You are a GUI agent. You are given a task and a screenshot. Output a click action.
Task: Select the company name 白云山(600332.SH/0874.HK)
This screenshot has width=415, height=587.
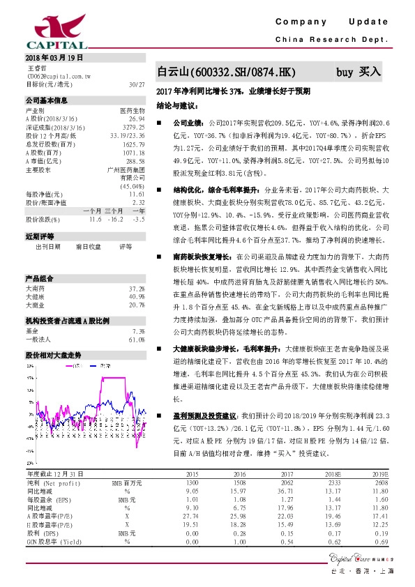[x=227, y=72]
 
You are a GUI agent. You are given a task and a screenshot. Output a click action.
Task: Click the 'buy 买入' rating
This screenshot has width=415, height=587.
[x=360, y=71]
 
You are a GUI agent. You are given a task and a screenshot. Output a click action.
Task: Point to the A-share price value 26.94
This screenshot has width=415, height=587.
[x=137, y=119]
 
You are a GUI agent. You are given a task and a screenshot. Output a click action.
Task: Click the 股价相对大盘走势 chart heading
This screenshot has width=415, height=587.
[x=54, y=354]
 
